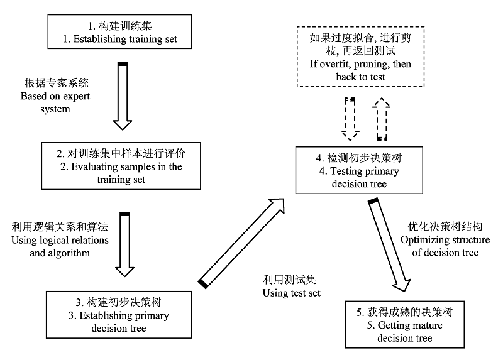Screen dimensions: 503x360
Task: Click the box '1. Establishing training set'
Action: [119, 32]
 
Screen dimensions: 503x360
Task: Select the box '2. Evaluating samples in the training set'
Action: [121, 166]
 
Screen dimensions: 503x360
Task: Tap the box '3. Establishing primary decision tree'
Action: [119, 315]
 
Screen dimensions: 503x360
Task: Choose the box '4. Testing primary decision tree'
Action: [359, 170]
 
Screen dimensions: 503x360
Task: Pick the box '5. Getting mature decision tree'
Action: [404, 324]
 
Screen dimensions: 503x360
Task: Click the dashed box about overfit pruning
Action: [360, 57]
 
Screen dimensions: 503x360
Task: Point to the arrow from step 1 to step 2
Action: [123, 96]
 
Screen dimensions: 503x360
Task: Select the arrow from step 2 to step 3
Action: [124, 244]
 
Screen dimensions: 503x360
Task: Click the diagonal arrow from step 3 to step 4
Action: [241, 244]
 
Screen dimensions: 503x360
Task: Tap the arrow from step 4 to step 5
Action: [389, 245]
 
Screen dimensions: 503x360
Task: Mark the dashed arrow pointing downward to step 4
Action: [350, 119]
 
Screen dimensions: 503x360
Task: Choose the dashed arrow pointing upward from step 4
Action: [382, 119]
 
